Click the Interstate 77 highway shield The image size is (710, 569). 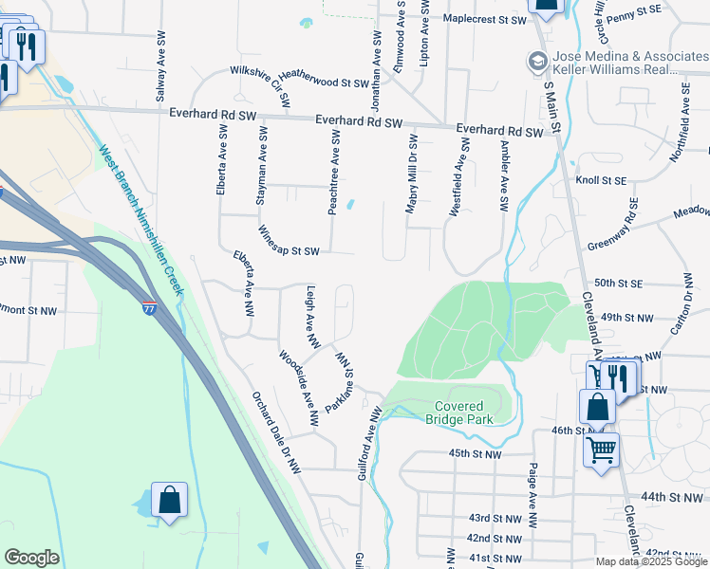(149, 308)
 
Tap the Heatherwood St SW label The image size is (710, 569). (323, 83)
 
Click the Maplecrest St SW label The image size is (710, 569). (484, 19)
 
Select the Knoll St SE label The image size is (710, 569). (601, 179)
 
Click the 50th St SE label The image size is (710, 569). (620, 284)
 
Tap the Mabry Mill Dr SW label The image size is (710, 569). (413, 173)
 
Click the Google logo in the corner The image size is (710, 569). (31, 558)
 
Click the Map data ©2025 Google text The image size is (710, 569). (651, 561)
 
